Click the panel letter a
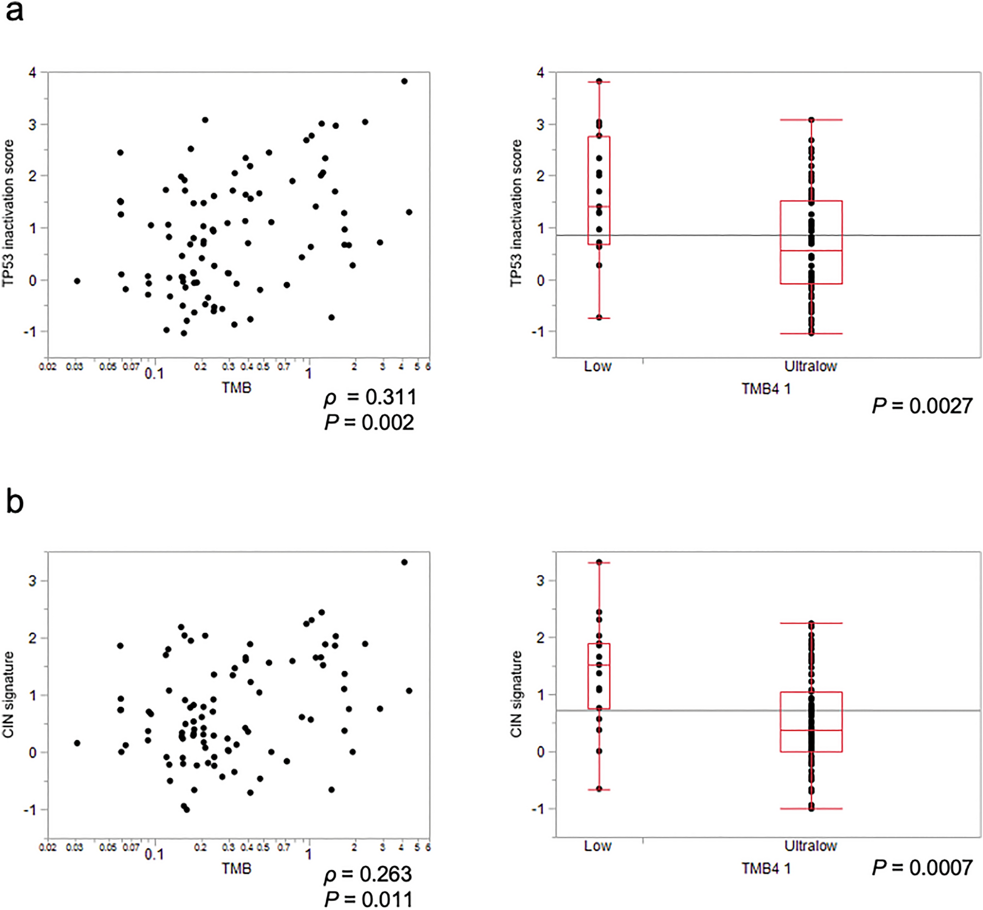[14, 11]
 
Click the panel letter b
[15, 501]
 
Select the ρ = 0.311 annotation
[370, 397]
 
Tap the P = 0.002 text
[369, 423]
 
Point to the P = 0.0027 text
[922, 405]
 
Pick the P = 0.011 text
[369, 899]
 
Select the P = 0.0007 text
[922, 867]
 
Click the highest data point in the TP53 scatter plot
[404, 81]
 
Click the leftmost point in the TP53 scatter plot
[77, 281]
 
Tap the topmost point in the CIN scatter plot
[404, 562]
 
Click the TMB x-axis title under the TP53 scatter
[237, 387]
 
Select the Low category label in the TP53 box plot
[598, 367]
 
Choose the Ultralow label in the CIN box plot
[810, 846]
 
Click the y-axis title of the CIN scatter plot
[9, 695]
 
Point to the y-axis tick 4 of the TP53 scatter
[33, 73]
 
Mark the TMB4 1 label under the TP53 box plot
[766, 389]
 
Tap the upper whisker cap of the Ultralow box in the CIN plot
[811, 623]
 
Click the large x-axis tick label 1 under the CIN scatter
[308, 853]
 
